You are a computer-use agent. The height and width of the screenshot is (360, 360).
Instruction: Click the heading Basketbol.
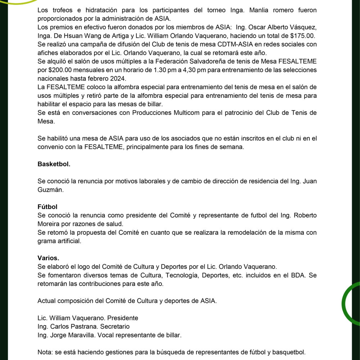pyautogui.click(x=54, y=164)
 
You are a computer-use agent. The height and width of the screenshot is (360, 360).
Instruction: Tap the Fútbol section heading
pyautogui.click(x=47, y=207)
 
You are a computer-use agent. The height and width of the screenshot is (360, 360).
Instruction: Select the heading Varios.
pyautogui.click(x=48, y=258)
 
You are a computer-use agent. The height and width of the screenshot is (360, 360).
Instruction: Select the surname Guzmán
pyautogui.click(x=50, y=190)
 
